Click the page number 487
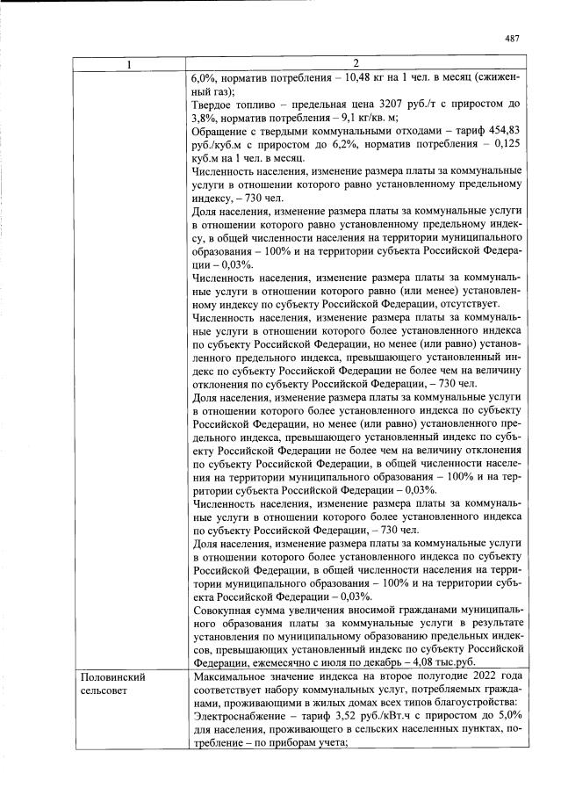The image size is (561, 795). pos(513,38)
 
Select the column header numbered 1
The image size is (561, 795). pos(128,63)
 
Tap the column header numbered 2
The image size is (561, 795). pos(356,63)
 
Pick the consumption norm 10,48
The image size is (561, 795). pos(349,76)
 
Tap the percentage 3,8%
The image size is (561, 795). pos(205,117)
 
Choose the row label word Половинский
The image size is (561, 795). pos(112,678)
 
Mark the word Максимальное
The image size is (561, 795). pos(233,678)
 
